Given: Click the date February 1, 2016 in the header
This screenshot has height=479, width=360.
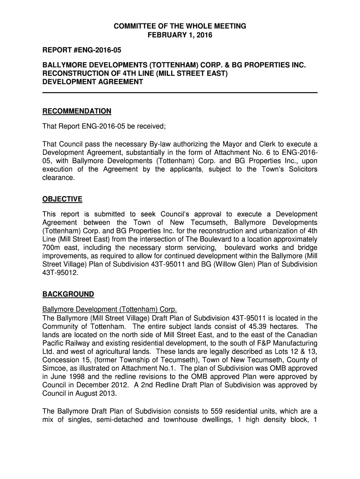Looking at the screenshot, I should pyautogui.click(x=180, y=35).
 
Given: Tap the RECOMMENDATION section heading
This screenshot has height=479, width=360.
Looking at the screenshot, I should pyautogui.click(x=77, y=111).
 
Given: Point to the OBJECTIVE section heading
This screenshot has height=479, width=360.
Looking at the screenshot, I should pyautogui.click(x=62, y=199).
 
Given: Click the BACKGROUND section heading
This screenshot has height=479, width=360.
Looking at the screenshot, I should pyautogui.click(x=68, y=294).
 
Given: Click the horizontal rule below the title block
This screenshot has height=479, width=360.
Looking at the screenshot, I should pyautogui.click(x=180, y=93).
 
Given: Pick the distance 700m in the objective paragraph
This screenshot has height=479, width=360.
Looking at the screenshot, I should pyautogui.click(x=51, y=247).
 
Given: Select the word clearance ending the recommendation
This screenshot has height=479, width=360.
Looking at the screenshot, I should pyautogui.click(x=58, y=178).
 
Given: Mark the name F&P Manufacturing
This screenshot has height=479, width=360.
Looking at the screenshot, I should pyautogui.click(x=285, y=344).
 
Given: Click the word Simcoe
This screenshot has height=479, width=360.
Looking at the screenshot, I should pyautogui.click(x=55, y=368).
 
